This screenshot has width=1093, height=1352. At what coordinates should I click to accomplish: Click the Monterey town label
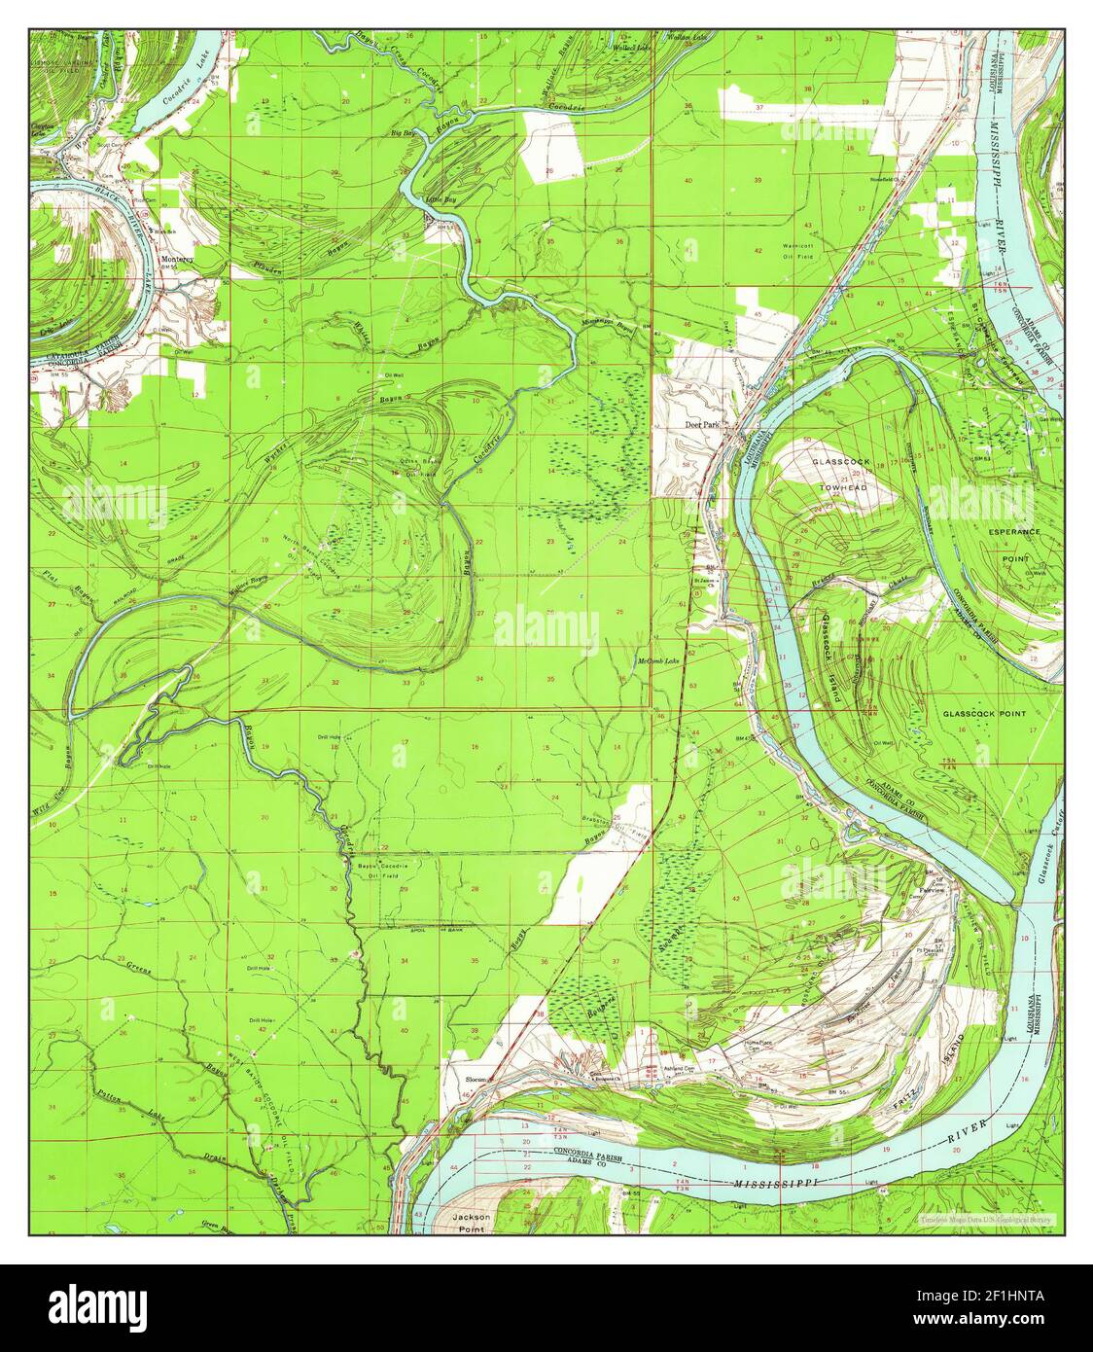tap(178, 260)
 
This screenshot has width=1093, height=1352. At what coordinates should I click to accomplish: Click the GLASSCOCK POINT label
tap(984, 713)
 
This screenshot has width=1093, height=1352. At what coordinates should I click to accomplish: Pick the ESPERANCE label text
tap(1014, 532)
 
